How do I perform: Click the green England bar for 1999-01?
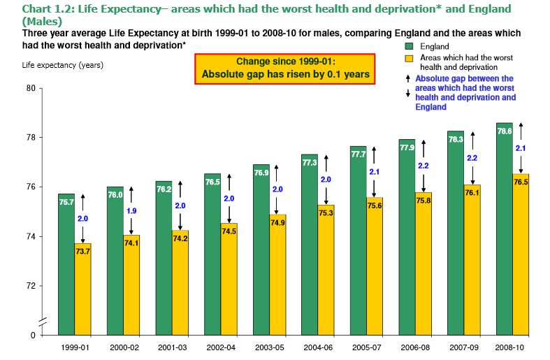click(x=66, y=266)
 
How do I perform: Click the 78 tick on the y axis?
click(x=31, y=138)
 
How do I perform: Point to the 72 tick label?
click(x=31, y=287)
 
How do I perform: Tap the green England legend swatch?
click(x=406, y=46)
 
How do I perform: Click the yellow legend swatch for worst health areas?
click(x=406, y=57)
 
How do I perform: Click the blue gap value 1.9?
click(x=131, y=211)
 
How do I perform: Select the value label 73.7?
click(x=83, y=251)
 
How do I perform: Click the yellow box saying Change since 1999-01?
click(x=286, y=68)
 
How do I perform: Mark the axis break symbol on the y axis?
click(x=43, y=321)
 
